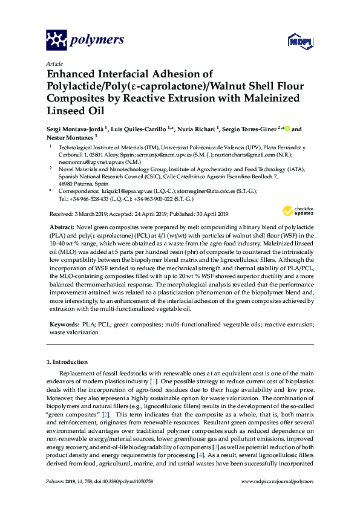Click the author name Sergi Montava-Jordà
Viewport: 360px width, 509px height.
(x=75, y=129)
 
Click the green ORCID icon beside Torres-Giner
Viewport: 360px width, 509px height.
(x=287, y=128)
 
